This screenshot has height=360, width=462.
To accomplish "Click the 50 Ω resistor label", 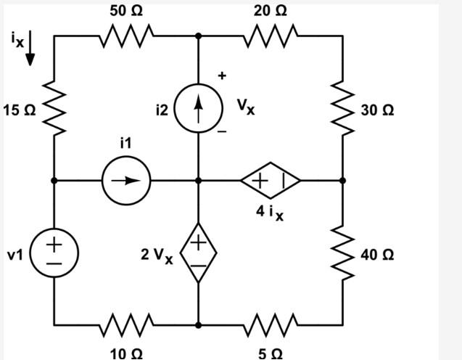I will click(x=126, y=11).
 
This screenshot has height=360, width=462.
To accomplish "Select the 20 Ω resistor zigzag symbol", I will click(x=271, y=34).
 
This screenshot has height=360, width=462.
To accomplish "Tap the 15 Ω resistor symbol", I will click(x=54, y=110).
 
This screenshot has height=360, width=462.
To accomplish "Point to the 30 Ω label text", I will click(x=377, y=111).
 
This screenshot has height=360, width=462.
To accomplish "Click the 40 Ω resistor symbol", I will click(x=342, y=254).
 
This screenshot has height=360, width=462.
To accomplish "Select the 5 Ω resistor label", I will click(x=271, y=353).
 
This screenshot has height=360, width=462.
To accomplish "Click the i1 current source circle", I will click(x=125, y=180).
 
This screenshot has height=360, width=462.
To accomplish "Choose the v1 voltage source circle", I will click(x=54, y=254).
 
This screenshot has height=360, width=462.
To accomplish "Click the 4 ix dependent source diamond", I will click(x=271, y=180).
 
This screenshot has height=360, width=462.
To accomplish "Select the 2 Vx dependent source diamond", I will click(x=198, y=253).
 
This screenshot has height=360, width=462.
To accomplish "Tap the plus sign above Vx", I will click(x=223, y=75).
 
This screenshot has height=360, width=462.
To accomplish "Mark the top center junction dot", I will click(x=198, y=35).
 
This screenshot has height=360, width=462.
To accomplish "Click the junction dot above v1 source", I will click(x=54, y=180).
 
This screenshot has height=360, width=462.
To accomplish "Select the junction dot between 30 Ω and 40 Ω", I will click(x=342, y=180).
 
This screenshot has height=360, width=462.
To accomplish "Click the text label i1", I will click(x=125, y=144).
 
